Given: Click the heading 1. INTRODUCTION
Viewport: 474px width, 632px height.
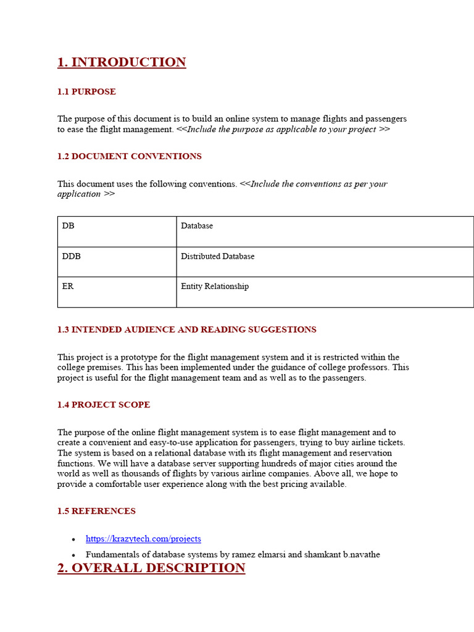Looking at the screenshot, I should tap(122, 62).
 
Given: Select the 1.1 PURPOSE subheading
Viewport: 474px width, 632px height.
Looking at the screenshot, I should tap(86, 92).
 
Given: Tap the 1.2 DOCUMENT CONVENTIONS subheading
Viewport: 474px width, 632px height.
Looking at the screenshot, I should tap(130, 157).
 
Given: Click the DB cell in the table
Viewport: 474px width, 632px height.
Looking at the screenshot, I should tap(68, 226).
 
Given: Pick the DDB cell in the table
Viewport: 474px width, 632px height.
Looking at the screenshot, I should tap(72, 256).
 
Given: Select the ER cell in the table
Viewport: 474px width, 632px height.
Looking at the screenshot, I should tap(68, 286).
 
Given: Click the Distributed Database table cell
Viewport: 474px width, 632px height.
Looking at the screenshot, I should tap(217, 256).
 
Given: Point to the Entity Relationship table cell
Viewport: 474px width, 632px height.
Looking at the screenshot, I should tap(215, 286).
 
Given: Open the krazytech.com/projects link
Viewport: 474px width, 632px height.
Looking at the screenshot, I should tap(143, 539).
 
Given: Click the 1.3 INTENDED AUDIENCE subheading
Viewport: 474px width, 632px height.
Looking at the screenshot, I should tap(186, 330).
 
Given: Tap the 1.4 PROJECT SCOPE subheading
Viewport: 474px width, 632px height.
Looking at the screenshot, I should tap(104, 405).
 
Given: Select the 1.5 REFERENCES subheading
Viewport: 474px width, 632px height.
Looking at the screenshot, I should tap(96, 511).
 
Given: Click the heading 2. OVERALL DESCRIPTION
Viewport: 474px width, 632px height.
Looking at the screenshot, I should tap(151, 568).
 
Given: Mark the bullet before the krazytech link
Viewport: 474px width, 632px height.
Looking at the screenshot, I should tap(73, 540).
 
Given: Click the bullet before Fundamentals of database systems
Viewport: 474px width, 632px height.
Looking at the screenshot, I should tap(73, 555).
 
